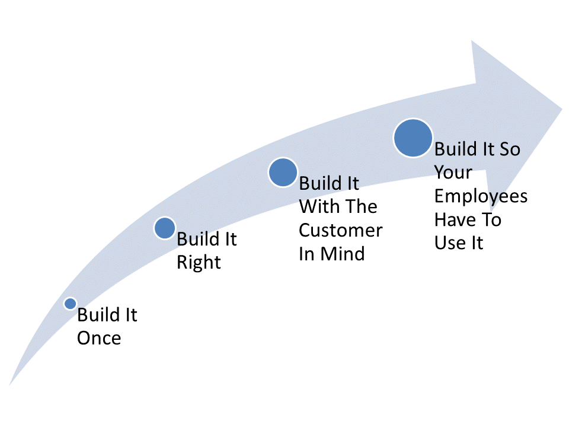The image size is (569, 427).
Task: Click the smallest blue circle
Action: pos(70,303)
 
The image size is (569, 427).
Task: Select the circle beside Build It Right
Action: pos(165,228)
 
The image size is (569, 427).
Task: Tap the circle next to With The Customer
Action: pos(283,172)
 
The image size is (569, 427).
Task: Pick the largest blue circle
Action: pos(413,138)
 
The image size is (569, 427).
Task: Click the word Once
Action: pos(99,338)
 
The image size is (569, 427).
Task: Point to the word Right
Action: pos(199,262)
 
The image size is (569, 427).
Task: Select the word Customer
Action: pos(340,230)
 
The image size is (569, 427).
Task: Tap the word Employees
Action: pos(481,197)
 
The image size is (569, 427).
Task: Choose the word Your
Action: pos(453,172)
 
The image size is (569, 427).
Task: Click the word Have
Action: pos(455,219)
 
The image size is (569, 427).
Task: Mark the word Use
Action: pos(450,243)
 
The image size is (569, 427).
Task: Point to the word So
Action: pos(510,149)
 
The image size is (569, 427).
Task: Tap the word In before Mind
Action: pos(306,253)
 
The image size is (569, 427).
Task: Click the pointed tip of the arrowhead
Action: pos(562,108)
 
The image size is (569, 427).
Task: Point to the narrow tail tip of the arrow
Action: pos(9,385)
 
